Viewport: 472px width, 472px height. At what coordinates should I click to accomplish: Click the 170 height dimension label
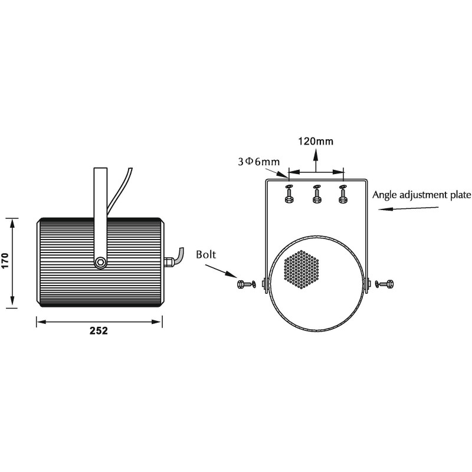6,261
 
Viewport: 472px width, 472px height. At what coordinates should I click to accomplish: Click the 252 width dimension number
99,331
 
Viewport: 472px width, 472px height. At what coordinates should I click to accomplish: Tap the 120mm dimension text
316,141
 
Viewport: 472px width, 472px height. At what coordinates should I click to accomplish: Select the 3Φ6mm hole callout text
259,162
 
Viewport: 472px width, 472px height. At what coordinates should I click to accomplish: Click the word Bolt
206,255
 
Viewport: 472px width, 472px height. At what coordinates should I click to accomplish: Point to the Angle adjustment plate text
421,195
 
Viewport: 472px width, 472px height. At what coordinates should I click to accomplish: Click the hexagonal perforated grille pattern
301,269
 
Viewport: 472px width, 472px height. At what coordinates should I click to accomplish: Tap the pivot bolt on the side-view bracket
100,262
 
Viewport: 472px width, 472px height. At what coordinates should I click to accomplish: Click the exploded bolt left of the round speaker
246,284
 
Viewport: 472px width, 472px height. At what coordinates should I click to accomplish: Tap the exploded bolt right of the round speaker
385,284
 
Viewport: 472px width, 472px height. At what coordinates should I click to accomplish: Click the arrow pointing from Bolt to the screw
221,271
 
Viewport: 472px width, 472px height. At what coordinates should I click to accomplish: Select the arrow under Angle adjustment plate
408,208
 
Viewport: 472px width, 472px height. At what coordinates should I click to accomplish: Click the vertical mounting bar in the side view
100,217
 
